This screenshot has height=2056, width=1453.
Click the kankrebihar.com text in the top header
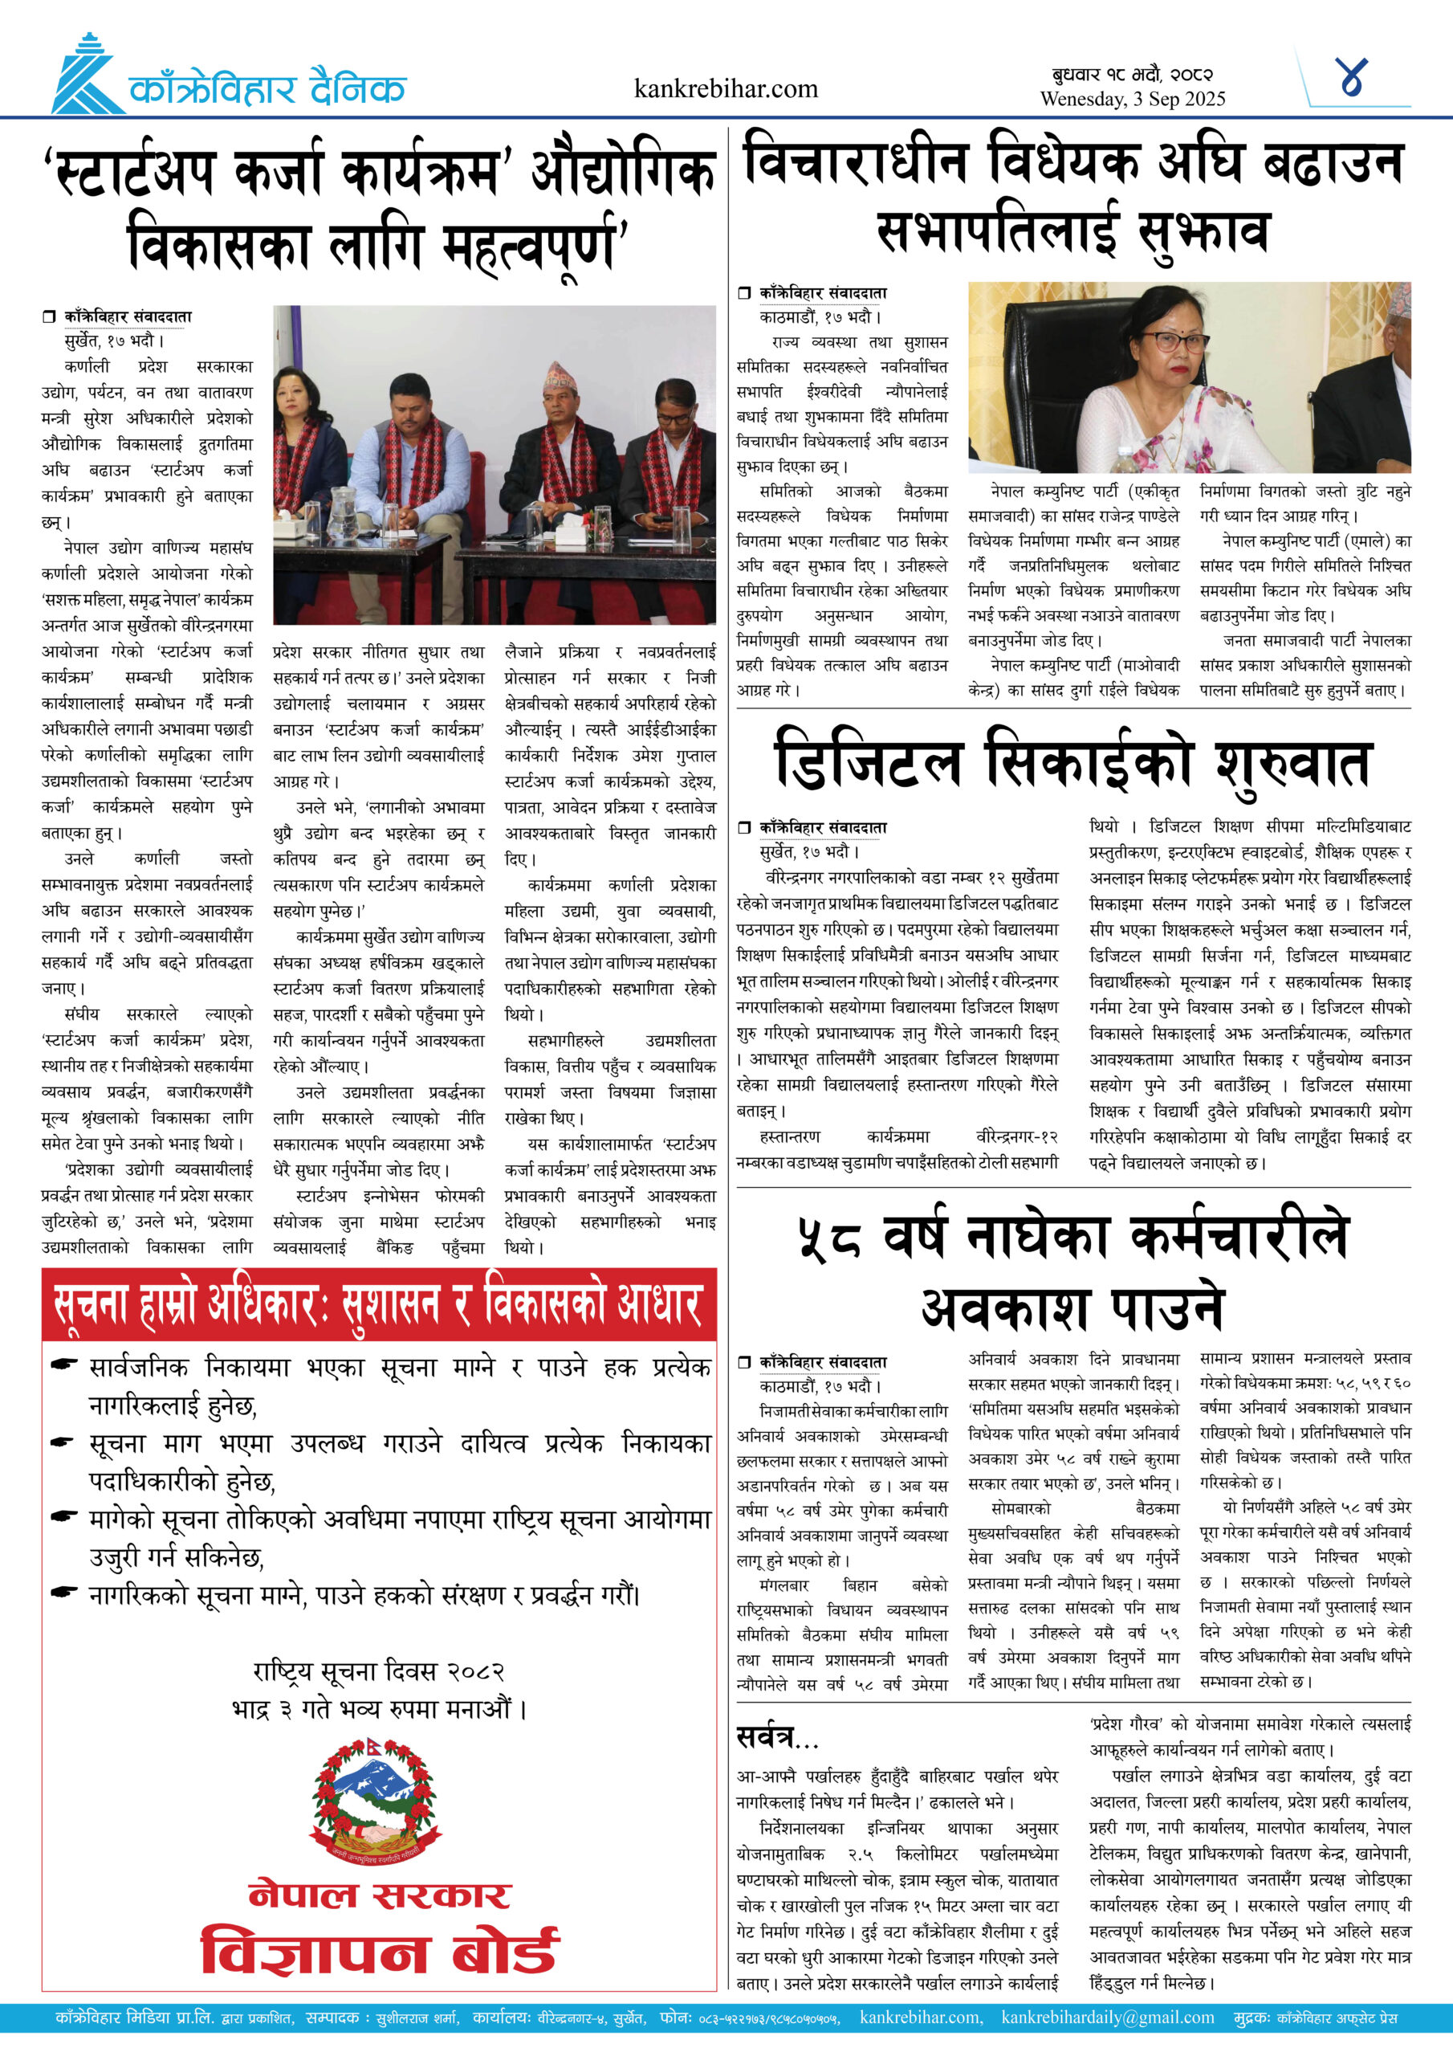(x=725, y=88)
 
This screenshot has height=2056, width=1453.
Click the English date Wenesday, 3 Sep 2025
(x=1132, y=100)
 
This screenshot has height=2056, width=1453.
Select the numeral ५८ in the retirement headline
(x=829, y=1238)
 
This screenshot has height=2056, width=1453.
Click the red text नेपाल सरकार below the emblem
(x=380, y=1894)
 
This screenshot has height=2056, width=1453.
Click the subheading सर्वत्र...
(x=775, y=1738)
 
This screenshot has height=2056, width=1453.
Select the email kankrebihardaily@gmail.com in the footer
(x=1108, y=2017)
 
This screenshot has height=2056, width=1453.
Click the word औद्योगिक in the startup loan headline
(x=623, y=171)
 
